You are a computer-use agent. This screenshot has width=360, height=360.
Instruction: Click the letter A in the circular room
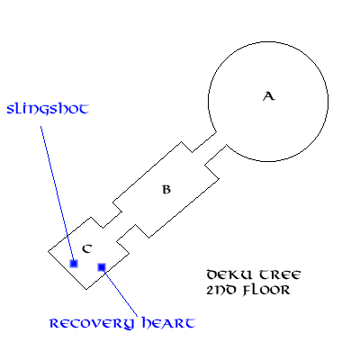(x=269, y=96)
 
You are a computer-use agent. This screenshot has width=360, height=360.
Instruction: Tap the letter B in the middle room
(x=166, y=190)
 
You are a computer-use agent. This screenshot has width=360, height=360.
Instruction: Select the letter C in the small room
(x=87, y=248)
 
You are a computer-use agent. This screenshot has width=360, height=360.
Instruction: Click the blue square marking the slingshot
(x=74, y=264)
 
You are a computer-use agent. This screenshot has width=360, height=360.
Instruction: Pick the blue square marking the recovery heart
(x=102, y=266)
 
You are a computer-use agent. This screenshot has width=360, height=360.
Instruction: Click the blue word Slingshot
(x=48, y=109)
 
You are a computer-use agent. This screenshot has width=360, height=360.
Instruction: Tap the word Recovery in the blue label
(x=92, y=323)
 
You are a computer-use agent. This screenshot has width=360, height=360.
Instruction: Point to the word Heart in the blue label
(x=168, y=323)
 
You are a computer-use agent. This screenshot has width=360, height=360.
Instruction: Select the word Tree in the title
(x=280, y=274)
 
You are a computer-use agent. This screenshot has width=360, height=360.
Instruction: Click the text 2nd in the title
(x=221, y=290)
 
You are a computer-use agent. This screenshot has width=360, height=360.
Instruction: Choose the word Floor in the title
(x=266, y=290)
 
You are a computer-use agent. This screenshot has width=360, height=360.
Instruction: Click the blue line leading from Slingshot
(x=57, y=193)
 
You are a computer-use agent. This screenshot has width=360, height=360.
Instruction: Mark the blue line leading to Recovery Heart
(x=120, y=292)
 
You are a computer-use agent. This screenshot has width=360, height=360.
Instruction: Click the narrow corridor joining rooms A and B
(x=210, y=148)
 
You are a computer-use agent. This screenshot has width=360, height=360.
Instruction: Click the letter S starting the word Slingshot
(x=11, y=109)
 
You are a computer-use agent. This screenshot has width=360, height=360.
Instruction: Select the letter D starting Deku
(x=212, y=274)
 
